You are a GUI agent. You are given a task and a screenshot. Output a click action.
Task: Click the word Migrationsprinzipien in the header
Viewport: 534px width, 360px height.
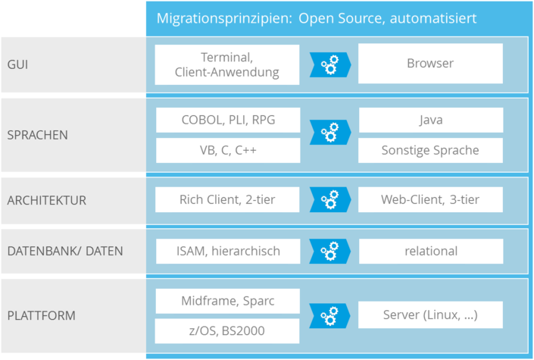click(x=224, y=18)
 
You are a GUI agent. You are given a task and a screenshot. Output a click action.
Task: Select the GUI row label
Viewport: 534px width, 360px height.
click(x=17, y=64)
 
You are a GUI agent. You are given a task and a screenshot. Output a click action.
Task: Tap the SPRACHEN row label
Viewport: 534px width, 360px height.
click(x=37, y=135)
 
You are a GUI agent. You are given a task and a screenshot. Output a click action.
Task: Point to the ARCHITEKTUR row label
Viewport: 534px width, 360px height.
click(x=47, y=200)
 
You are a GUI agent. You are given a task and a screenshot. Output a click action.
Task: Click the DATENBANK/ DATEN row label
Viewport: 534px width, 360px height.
click(x=65, y=252)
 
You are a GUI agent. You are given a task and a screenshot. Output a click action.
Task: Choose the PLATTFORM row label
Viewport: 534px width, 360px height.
click(x=41, y=315)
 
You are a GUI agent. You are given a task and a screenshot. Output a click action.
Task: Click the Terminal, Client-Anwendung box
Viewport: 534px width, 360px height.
click(x=227, y=64)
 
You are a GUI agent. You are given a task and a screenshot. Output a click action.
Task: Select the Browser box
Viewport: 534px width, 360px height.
click(x=430, y=64)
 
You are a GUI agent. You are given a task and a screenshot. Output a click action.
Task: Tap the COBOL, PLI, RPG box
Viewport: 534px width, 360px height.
click(x=228, y=120)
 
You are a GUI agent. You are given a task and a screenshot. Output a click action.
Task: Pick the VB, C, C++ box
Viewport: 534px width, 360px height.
click(x=228, y=150)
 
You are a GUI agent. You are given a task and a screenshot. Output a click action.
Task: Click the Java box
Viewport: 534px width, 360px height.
click(x=431, y=120)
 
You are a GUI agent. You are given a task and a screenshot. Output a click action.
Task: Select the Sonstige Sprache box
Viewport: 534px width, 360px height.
click(x=430, y=150)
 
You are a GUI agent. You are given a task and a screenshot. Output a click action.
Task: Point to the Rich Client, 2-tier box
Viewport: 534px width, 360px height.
click(x=227, y=199)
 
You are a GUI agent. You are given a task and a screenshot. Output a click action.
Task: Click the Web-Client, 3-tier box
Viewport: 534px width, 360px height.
click(x=430, y=199)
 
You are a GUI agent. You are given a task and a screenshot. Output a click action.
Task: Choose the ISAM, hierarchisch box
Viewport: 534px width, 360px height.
click(x=228, y=252)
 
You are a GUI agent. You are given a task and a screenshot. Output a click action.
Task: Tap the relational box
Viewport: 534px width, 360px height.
click(x=431, y=252)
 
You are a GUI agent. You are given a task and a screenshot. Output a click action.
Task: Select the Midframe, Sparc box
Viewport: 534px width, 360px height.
click(x=228, y=302)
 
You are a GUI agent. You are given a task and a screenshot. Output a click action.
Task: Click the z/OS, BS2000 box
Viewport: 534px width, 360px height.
click(x=227, y=331)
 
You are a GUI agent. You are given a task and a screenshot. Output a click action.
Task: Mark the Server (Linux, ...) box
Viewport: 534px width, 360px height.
click(x=430, y=315)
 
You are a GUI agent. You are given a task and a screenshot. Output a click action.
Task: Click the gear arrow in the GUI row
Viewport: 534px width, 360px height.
click(x=330, y=64)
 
